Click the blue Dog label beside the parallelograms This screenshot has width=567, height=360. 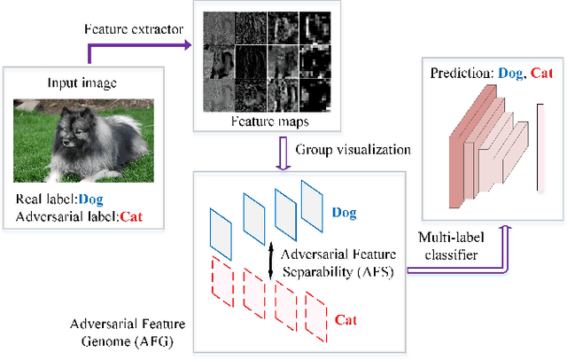click(x=346, y=213)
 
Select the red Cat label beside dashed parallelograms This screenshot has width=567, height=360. click(x=346, y=317)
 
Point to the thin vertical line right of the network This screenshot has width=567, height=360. click(x=538, y=146)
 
